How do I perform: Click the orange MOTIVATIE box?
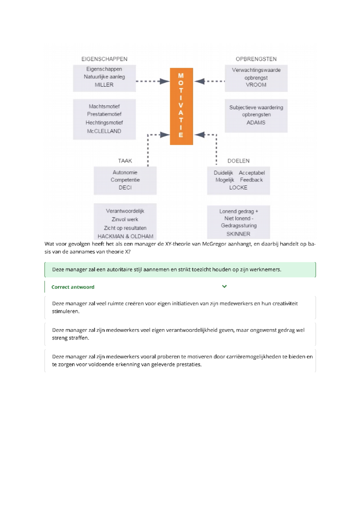pos(181,106)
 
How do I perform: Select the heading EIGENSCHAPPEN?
pos(104,59)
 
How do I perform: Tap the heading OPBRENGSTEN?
pos(256,59)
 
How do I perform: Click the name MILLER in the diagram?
pos(104,85)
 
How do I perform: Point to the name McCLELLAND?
pos(104,131)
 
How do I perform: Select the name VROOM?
pos(256,85)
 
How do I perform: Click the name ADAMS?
pos(256,122)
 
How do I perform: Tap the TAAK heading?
pos(125,161)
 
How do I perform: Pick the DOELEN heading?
pos(238,161)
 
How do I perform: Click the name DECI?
pos(125,187)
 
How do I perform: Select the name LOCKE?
pos(238,187)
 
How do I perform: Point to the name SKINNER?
pos(238,234)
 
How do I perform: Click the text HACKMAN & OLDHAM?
pos(125,236)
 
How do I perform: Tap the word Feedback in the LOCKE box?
pos(251,180)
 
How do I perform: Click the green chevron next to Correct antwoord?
pos(224,286)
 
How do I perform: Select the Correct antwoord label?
pos(73,287)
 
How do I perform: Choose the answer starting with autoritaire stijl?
pos(180,269)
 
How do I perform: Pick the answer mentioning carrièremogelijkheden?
pos(180,360)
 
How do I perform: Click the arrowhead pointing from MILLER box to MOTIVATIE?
pos(164,81)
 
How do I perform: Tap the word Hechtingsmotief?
pos(104,123)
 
